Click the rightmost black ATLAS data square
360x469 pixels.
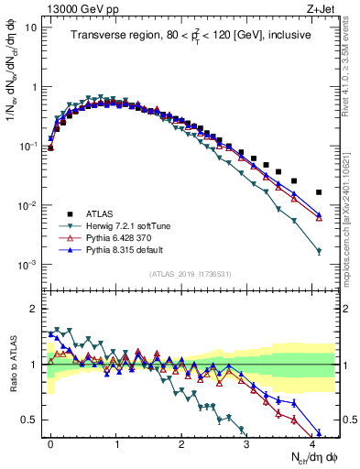coord(319,192)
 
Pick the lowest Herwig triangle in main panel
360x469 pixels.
coord(319,251)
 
